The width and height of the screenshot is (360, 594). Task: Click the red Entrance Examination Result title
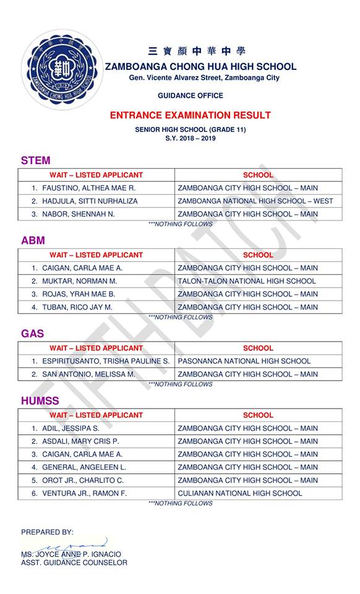click(x=190, y=115)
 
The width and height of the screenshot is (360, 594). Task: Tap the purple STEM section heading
click(x=35, y=161)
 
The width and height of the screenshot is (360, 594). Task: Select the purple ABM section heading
click(x=33, y=241)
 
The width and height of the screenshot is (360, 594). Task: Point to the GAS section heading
click(x=32, y=334)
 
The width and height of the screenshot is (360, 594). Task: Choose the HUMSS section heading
click(x=40, y=402)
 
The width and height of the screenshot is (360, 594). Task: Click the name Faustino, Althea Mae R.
click(x=88, y=188)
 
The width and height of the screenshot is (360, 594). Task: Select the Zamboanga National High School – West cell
click(x=255, y=201)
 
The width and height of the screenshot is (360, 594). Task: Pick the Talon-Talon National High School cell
click(x=246, y=281)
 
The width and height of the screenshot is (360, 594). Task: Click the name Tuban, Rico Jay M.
click(x=77, y=307)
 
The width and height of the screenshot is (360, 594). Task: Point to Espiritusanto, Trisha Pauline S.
click(x=106, y=361)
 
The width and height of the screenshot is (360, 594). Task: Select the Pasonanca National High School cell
click(x=244, y=361)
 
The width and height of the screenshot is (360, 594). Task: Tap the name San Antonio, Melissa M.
click(x=88, y=374)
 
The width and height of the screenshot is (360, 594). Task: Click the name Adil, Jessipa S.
click(x=71, y=428)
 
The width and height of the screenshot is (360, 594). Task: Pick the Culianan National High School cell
click(x=240, y=493)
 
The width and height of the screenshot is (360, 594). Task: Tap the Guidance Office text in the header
click(x=190, y=96)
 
